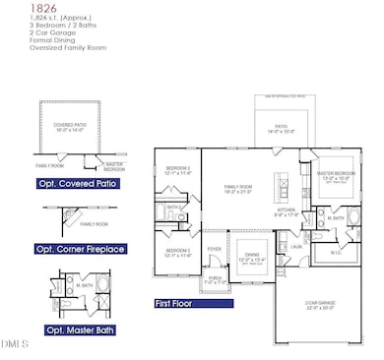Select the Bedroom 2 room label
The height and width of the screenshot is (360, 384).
pyautogui.click(x=177, y=170)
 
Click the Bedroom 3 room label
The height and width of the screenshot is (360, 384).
pyautogui.click(x=177, y=253)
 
